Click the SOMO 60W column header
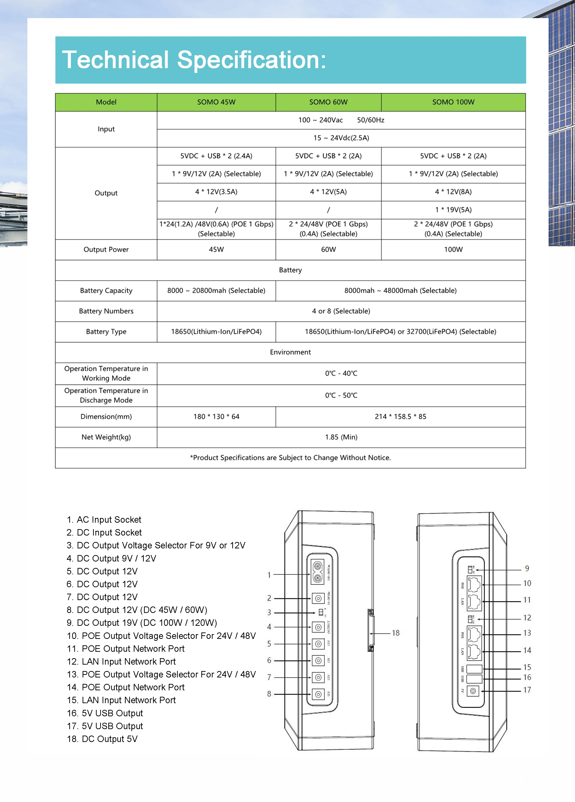tap(328, 102)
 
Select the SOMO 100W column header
tap(453, 102)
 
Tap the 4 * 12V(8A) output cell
tap(453, 192)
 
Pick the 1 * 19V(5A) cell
tap(453, 210)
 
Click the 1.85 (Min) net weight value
tap(341, 437)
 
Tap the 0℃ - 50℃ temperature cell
tap(341, 395)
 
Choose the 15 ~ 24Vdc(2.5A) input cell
tap(341, 138)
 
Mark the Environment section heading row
tap(290, 352)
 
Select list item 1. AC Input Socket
tap(104, 519)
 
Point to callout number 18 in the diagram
tap(396, 633)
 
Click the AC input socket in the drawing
tap(317, 572)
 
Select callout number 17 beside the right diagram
tap(527, 690)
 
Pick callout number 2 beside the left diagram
tap(269, 598)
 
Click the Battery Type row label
tap(106, 332)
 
